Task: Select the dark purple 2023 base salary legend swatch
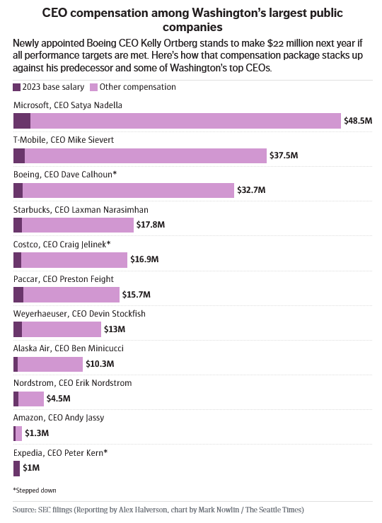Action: pyautogui.click(x=17, y=87)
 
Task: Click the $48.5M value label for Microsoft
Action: pyautogui.click(x=357, y=121)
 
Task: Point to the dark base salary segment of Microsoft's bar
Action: pyautogui.click(x=22, y=121)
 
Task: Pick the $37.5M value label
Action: pyautogui.click(x=284, y=155)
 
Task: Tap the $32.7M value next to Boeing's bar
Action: pyautogui.click(x=251, y=190)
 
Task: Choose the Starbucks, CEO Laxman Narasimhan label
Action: pyautogui.click(x=81, y=209)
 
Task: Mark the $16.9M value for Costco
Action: pyautogui.click(x=144, y=260)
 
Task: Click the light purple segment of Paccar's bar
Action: pyautogui.click(x=71, y=295)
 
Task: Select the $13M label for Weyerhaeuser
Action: pyautogui.click(x=115, y=329)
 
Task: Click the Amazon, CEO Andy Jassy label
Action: pyautogui.click(x=59, y=418)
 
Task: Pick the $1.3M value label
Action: pyautogui.click(x=37, y=433)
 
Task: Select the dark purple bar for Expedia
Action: pyautogui.click(x=17, y=468)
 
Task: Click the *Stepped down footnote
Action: pyautogui.click(x=35, y=490)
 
